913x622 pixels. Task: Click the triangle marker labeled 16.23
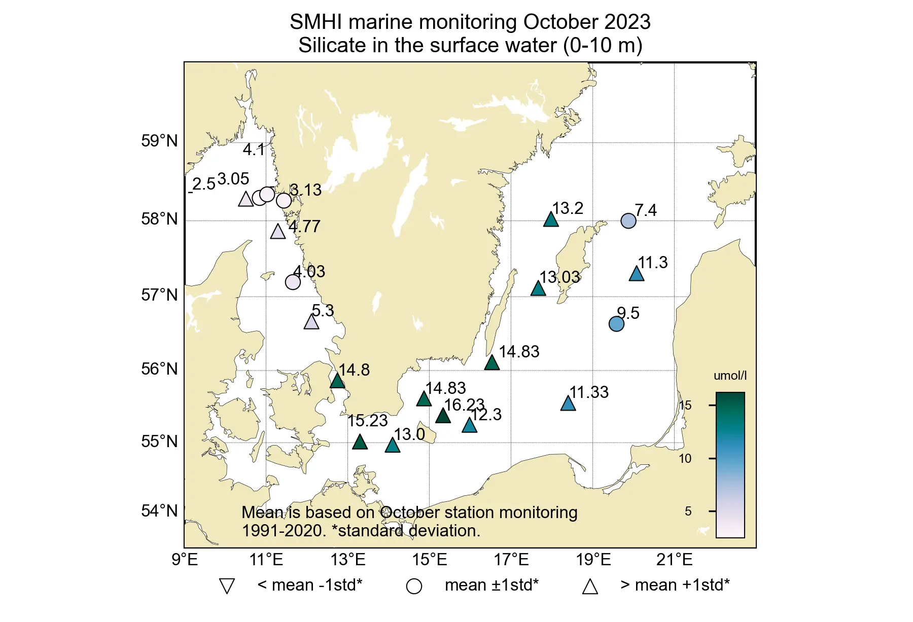coord(443,416)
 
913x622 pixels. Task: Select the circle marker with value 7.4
coord(628,221)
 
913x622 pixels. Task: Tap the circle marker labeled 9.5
coord(616,324)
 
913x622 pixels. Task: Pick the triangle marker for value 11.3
coord(637,274)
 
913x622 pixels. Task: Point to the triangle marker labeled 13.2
coord(551,219)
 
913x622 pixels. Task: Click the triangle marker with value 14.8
coord(337,381)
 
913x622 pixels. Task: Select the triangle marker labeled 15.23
coord(360,442)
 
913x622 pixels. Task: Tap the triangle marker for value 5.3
coord(311,322)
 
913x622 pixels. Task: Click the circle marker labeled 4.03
coord(293,282)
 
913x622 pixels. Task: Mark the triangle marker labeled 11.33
coord(568,404)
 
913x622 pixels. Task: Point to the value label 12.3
coord(486,415)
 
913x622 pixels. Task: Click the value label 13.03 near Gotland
coord(559,277)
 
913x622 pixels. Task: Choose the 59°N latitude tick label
coord(159,141)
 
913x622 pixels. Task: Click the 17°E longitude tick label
coord(511,560)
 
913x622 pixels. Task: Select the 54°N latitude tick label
coord(159,511)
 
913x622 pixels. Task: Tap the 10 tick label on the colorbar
coord(685,459)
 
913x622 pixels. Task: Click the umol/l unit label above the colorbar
coord(730,376)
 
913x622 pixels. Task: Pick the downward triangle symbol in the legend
coord(227,586)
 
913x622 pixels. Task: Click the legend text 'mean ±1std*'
coord(491,585)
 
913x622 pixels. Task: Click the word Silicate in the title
coord(332,46)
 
